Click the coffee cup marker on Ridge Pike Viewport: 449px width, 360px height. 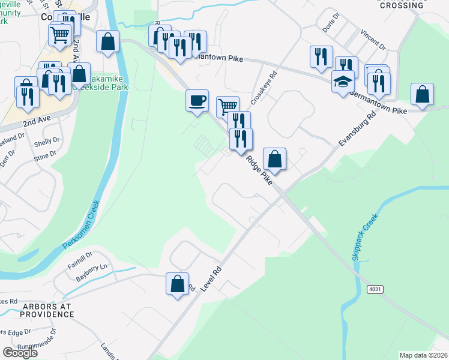[197, 100]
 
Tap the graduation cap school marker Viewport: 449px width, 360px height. [343, 82]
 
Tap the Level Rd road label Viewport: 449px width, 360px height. [213, 275]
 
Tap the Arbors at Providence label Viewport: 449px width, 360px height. [47, 310]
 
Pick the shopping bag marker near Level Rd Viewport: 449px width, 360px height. [178, 284]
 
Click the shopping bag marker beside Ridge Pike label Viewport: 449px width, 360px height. [274, 159]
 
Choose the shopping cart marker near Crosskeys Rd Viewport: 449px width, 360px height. [228, 107]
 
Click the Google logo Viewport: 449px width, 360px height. [20, 353]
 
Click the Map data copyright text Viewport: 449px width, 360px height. [423, 355]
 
